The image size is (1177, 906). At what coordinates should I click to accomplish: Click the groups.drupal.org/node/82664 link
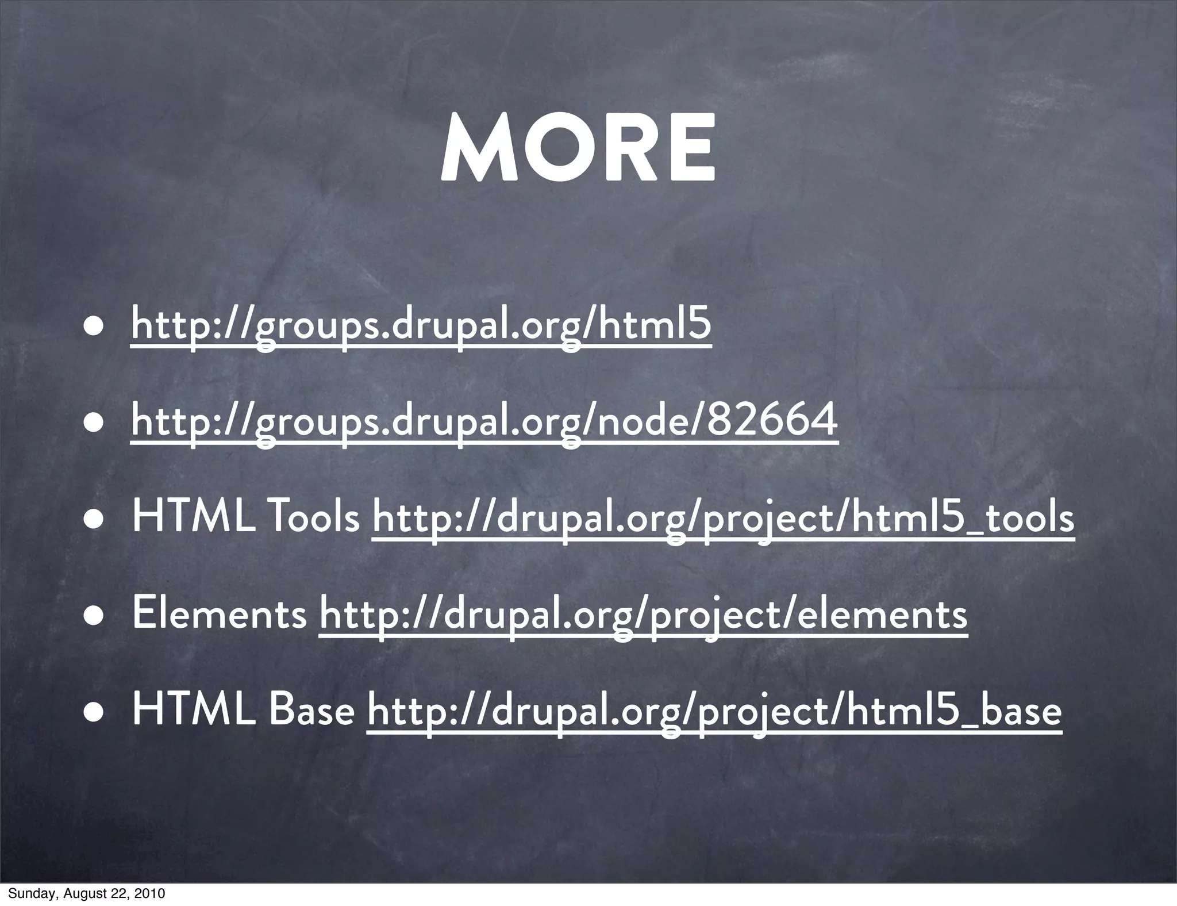(x=484, y=421)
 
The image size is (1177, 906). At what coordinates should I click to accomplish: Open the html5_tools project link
(x=723, y=518)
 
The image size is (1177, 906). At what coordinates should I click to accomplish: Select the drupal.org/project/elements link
(x=643, y=615)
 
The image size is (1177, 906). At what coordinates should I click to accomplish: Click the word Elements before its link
(x=220, y=614)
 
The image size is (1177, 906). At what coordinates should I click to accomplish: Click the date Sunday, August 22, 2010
(x=86, y=893)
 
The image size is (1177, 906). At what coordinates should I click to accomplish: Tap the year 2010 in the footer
(x=152, y=893)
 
